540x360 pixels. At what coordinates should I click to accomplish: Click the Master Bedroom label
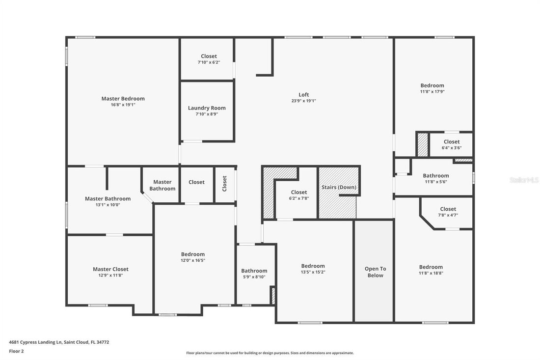[123, 98]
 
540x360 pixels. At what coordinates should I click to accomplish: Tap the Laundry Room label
[207, 108]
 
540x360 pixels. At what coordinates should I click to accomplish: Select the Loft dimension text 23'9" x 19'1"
[303, 101]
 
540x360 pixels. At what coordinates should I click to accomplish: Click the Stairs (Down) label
[339, 187]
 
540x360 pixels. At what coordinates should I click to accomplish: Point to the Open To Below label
[375, 272]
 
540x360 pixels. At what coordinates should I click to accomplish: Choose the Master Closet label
[110, 269]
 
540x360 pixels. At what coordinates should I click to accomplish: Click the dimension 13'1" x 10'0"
[108, 205]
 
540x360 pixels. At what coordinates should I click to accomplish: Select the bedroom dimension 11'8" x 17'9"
[432, 91]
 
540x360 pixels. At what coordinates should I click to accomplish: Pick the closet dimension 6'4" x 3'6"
[451, 148]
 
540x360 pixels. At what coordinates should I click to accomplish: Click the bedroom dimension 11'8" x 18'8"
[431, 273]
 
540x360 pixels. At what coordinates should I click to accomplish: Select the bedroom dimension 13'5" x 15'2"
[313, 272]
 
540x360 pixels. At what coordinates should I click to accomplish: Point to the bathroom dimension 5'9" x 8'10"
[254, 277]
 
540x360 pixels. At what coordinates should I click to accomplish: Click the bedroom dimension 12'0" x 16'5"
[192, 260]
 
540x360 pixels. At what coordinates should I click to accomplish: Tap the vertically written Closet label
[225, 184]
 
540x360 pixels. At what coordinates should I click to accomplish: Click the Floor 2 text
[16, 351]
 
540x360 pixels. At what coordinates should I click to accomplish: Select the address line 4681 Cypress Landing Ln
[59, 342]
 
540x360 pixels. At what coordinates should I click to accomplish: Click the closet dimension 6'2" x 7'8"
[298, 198]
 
